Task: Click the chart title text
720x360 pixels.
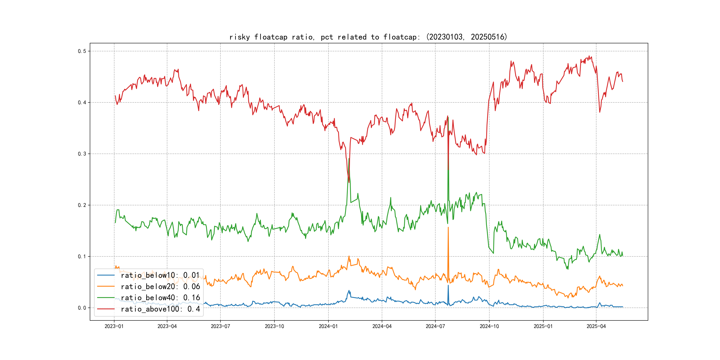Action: tap(368, 37)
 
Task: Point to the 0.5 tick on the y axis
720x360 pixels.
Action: tap(82, 51)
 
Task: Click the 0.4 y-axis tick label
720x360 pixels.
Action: tap(82, 103)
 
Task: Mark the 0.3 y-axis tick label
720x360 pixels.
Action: tap(82, 154)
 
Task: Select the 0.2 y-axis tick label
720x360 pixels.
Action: tap(82, 205)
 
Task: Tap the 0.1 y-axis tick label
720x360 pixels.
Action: tap(82, 257)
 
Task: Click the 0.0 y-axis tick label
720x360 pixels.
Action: tap(82, 308)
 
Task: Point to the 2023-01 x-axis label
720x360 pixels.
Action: tap(114, 326)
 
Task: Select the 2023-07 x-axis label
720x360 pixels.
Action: tap(220, 326)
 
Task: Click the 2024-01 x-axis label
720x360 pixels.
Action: tap(328, 326)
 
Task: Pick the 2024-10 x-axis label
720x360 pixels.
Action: tap(489, 326)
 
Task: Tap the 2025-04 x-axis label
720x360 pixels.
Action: tap(596, 326)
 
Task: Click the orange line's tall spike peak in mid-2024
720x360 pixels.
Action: tap(448, 228)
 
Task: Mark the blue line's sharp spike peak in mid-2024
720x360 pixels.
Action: tap(448, 285)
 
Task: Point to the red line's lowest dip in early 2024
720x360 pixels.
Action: tap(349, 182)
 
